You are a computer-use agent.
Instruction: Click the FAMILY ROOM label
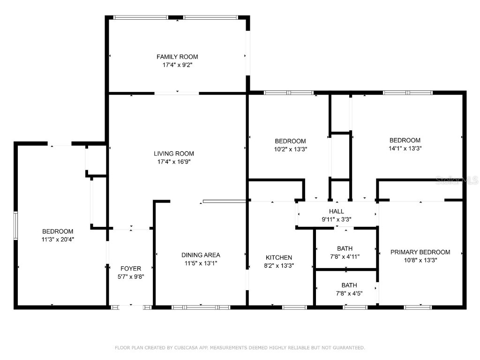(x=177, y=57)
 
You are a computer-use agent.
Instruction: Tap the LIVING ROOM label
(x=174, y=154)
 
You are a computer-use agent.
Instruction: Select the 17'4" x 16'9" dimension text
(x=174, y=162)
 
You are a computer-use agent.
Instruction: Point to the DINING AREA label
(x=201, y=255)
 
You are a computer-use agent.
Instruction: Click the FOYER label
(x=131, y=269)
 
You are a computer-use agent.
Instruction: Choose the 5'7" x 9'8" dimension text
(x=131, y=277)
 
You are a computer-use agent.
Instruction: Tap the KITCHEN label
(x=279, y=257)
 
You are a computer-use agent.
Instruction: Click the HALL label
(x=337, y=211)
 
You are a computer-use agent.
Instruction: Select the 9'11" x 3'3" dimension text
(x=337, y=219)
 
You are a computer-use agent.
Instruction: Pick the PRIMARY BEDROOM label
(x=420, y=252)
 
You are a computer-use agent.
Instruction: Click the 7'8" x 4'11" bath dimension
(x=345, y=256)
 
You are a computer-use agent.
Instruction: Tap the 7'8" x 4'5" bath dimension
(x=349, y=293)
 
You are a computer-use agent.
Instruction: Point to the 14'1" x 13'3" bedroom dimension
(x=405, y=149)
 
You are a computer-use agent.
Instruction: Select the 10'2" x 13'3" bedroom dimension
(x=291, y=150)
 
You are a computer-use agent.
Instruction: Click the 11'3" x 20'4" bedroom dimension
(x=58, y=240)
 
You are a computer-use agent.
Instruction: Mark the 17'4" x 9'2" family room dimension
(x=177, y=65)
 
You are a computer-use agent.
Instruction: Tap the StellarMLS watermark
(x=457, y=180)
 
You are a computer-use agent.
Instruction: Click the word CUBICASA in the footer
(x=186, y=347)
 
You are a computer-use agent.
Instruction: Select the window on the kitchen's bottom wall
(x=294, y=307)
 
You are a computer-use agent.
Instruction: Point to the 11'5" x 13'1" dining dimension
(x=201, y=263)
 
